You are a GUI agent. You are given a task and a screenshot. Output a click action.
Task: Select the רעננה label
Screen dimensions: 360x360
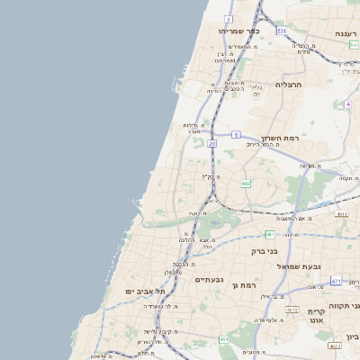pos(346,33)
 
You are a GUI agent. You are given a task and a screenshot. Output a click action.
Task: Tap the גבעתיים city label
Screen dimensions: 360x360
pos(214,279)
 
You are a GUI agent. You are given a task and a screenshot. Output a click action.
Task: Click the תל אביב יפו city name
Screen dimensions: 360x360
pos(148,292)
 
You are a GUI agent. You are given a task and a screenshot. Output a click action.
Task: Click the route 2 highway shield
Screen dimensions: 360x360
pos(229,19)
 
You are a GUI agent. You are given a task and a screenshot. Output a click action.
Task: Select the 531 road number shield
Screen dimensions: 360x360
pos(282,31)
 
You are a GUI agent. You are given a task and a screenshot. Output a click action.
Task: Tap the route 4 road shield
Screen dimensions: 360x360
pos(347,103)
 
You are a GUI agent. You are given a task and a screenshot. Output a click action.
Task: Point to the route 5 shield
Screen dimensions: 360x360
pos(235,135)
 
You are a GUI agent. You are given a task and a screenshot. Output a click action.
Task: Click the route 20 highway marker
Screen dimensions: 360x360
pos(211,142)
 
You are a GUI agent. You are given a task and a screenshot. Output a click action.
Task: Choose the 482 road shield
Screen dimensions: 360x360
pos(245,184)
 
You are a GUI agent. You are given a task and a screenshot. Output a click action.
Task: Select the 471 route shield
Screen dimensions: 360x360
pos(336,281)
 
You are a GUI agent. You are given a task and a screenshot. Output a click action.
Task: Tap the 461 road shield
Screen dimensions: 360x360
pos(223,339)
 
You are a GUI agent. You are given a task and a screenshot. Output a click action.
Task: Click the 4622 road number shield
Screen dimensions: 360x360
pos(334,345)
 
